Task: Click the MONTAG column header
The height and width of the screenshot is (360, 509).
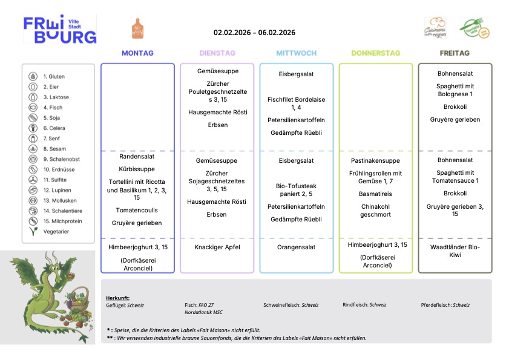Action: tap(137, 53)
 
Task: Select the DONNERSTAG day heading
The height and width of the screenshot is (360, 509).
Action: tap(375, 53)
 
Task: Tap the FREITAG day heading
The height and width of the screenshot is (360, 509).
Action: tap(455, 53)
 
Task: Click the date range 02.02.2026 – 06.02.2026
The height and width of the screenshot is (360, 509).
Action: tap(254, 33)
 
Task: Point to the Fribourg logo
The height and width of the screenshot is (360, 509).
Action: tap(60, 30)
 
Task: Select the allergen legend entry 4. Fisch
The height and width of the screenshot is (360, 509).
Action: tap(53, 108)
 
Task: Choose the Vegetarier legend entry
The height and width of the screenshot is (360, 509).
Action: tap(56, 232)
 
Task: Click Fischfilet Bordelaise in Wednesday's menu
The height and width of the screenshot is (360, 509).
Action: tap(296, 103)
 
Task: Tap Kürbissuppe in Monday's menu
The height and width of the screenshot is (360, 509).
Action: tap(137, 169)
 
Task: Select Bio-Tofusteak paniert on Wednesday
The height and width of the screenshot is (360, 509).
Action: tap(296, 190)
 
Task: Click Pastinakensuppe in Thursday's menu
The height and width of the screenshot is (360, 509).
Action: tap(375, 161)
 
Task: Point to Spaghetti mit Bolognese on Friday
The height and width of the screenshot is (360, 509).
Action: tap(455, 90)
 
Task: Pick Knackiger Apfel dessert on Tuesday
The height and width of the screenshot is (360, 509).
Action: tap(217, 247)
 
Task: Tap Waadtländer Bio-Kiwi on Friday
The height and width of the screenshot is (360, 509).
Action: tap(455, 251)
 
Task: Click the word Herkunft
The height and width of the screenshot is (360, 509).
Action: tap(117, 298)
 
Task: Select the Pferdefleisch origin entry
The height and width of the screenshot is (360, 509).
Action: tap(445, 305)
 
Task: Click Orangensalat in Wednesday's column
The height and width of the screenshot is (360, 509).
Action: tap(296, 247)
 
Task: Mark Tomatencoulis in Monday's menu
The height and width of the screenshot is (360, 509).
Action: tap(137, 210)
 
